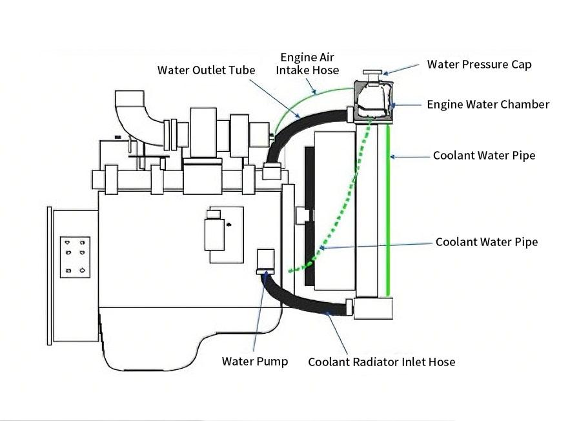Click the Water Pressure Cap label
click(479, 65)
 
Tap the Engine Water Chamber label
click(488, 105)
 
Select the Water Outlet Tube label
click(206, 70)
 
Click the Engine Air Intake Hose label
click(307, 63)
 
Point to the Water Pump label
click(254, 361)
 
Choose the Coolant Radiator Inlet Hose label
click(381, 362)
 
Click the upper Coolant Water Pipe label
click(483, 156)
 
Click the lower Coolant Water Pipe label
click(486, 242)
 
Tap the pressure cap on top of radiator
click(373, 72)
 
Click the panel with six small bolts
click(75, 256)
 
